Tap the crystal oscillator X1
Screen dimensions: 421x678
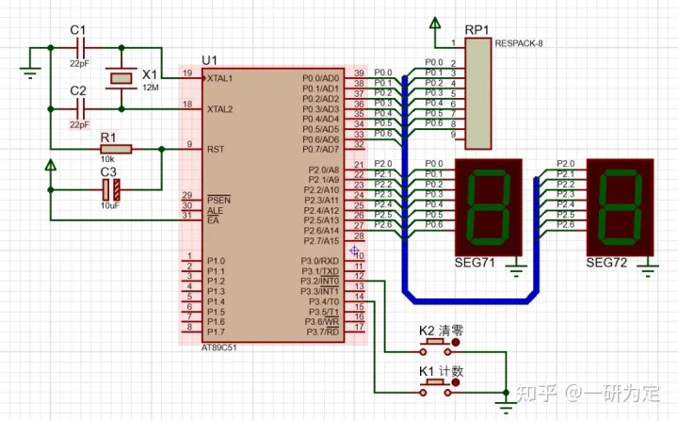[x=120, y=77]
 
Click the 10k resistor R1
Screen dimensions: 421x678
[x=116, y=149]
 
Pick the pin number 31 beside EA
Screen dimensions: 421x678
[x=188, y=216]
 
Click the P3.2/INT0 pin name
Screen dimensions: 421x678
[x=319, y=281]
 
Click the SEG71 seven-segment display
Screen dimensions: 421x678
[x=486, y=204]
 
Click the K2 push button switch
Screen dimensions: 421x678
[x=441, y=346]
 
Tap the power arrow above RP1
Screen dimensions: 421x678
[x=435, y=24]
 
